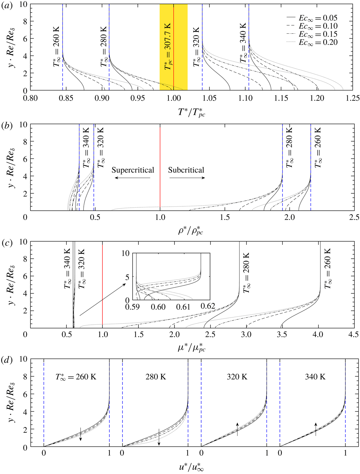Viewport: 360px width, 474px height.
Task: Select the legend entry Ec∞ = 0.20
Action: [318, 43]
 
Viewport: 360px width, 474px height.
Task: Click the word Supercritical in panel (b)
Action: [133, 170]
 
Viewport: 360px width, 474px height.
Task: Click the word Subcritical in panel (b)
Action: [186, 170]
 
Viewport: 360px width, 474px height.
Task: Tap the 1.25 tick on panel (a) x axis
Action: [353, 98]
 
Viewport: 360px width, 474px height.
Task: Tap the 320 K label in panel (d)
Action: [237, 377]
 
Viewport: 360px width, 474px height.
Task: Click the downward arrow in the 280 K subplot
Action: [159, 437]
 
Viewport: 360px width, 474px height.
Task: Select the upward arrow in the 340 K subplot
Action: [316, 429]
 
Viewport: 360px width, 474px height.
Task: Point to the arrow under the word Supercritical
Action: [132, 178]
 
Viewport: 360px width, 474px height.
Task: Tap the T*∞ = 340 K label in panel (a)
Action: [243, 43]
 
